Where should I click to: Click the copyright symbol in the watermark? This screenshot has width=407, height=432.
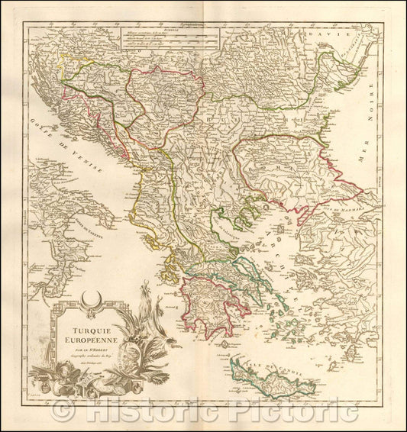click(63, 411)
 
